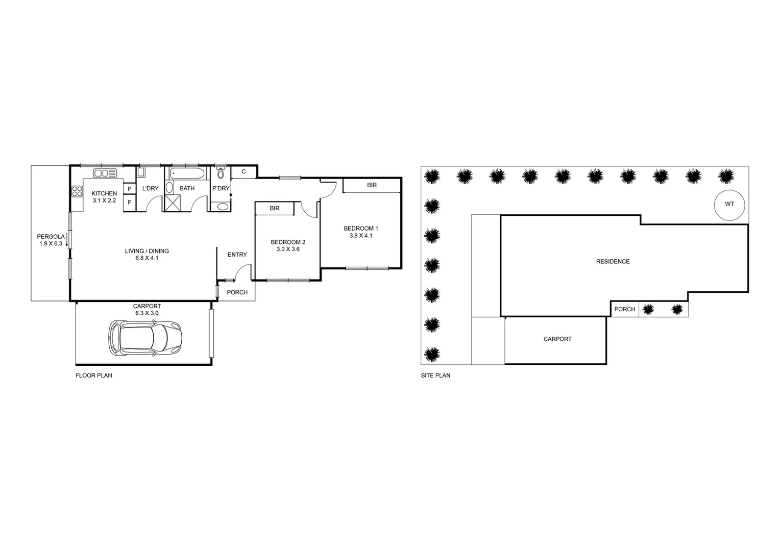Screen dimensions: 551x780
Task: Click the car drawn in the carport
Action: pyautogui.click(x=145, y=338)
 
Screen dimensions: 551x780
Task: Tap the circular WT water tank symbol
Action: pyautogui.click(x=729, y=204)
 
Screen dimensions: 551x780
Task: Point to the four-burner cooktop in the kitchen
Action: pyautogui.click(x=77, y=192)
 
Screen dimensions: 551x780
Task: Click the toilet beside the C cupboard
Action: pyautogui.click(x=221, y=173)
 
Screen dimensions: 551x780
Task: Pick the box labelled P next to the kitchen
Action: pyautogui.click(x=130, y=189)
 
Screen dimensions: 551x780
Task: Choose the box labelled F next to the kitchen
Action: pyautogui.click(x=130, y=203)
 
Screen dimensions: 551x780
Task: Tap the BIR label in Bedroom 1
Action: pyautogui.click(x=372, y=185)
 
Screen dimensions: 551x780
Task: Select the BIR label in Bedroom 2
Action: pyautogui.click(x=275, y=208)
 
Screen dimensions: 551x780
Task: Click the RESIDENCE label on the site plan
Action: pyautogui.click(x=613, y=262)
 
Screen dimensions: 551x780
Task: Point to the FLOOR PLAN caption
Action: pyautogui.click(x=94, y=375)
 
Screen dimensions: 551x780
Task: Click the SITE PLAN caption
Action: pyautogui.click(x=435, y=375)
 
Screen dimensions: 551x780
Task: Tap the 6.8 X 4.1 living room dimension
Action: pyautogui.click(x=147, y=258)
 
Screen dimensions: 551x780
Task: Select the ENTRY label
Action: pyautogui.click(x=237, y=255)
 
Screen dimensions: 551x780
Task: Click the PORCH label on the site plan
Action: pyautogui.click(x=624, y=309)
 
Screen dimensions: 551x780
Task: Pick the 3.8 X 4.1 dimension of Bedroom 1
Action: pyautogui.click(x=361, y=236)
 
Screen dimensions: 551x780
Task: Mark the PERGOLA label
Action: pyautogui.click(x=51, y=237)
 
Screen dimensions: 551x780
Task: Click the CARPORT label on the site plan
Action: pyautogui.click(x=557, y=339)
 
